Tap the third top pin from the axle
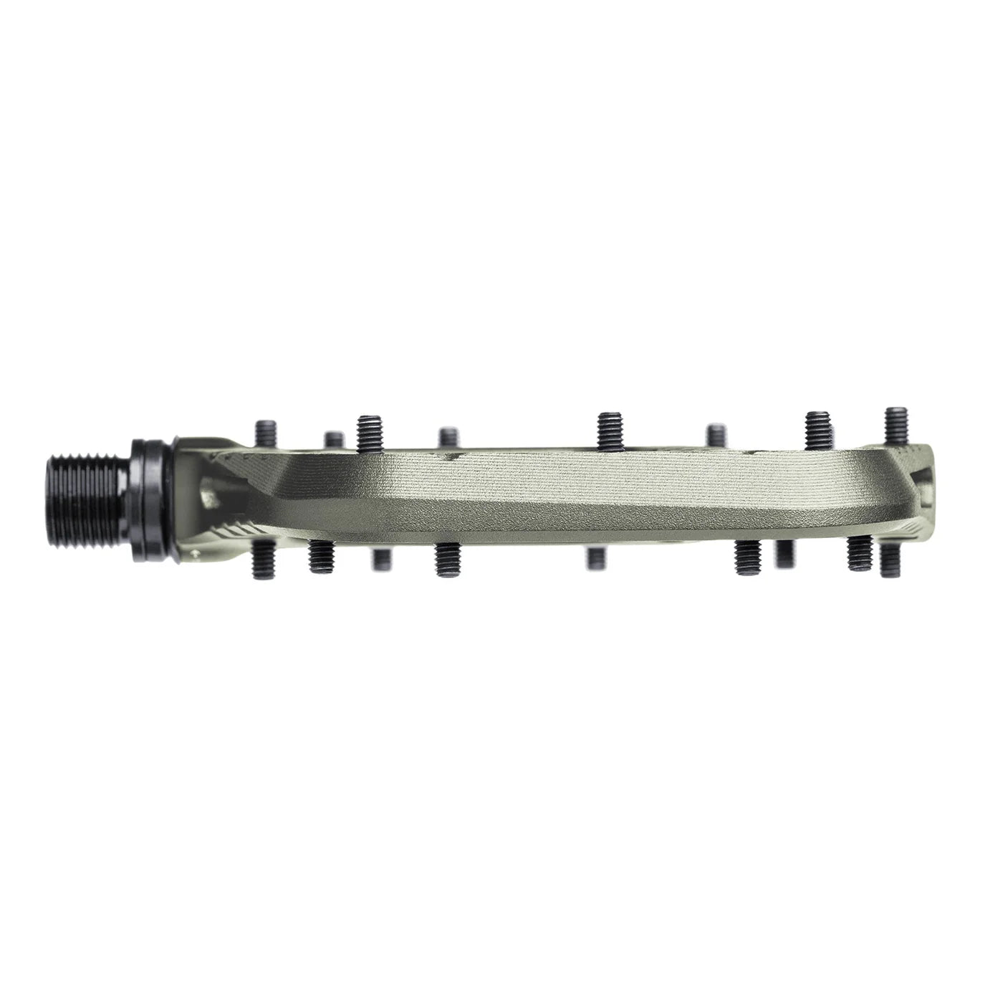click(x=369, y=431)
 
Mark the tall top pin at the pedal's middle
click(x=609, y=431)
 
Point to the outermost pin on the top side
click(x=896, y=427)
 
